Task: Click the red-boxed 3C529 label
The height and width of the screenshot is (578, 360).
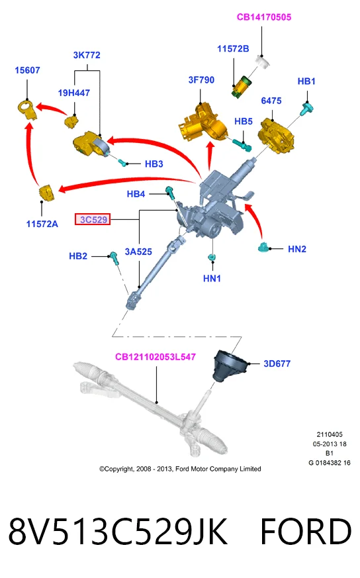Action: [x=93, y=219]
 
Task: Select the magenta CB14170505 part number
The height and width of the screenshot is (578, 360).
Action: [x=264, y=17]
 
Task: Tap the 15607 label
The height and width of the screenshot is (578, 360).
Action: [x=27, y=70]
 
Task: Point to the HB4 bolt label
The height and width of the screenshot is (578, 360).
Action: [x=136, y=194]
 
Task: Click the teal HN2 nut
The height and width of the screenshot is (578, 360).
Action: [x=263, y=247]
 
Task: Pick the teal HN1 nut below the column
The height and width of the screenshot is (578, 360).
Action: [x=212, y=257]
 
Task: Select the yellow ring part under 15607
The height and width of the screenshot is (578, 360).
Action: [x=27, y=109]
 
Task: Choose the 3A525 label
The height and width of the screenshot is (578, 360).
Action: [x=138, y=252]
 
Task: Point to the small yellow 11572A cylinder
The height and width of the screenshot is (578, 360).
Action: [x=46, y=193]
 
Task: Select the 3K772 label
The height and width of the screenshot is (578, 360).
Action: [x=87, y=55]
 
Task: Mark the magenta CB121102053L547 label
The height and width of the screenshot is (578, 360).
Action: [x=156, y=357]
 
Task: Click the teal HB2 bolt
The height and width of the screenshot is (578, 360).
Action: [x=114, y=258]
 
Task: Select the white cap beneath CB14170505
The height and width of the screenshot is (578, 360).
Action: [x=263, y=61]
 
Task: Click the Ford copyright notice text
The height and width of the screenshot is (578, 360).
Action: [x=180, y=469]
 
